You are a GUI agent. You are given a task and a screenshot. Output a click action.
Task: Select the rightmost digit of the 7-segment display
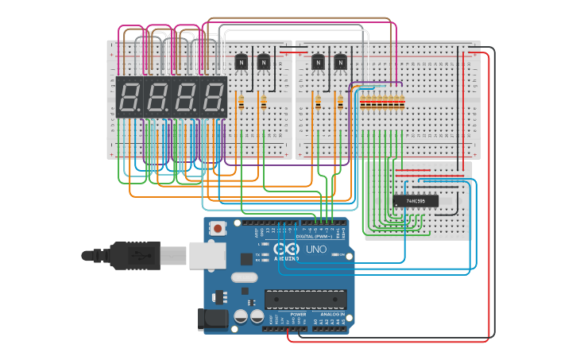(x=212, y=98)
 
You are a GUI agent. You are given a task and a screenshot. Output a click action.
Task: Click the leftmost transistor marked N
(x=242, y=61)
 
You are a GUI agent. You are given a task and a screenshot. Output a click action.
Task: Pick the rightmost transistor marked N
(x=341, y=61)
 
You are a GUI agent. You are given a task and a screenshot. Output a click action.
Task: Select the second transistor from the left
(x=263, y=61)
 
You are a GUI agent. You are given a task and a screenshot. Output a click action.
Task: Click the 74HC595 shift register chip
(x=416, y=200)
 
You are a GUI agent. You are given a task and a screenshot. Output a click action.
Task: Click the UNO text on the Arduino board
(x=316, y=250)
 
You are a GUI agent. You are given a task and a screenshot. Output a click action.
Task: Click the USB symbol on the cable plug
(x=139, y=256)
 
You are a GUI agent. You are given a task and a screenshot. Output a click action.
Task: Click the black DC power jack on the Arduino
(x=212, y=319)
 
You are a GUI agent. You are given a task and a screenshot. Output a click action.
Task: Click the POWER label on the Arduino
(x=298, y=315)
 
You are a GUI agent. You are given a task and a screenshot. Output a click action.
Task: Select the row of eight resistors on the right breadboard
(x=382, y=103)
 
